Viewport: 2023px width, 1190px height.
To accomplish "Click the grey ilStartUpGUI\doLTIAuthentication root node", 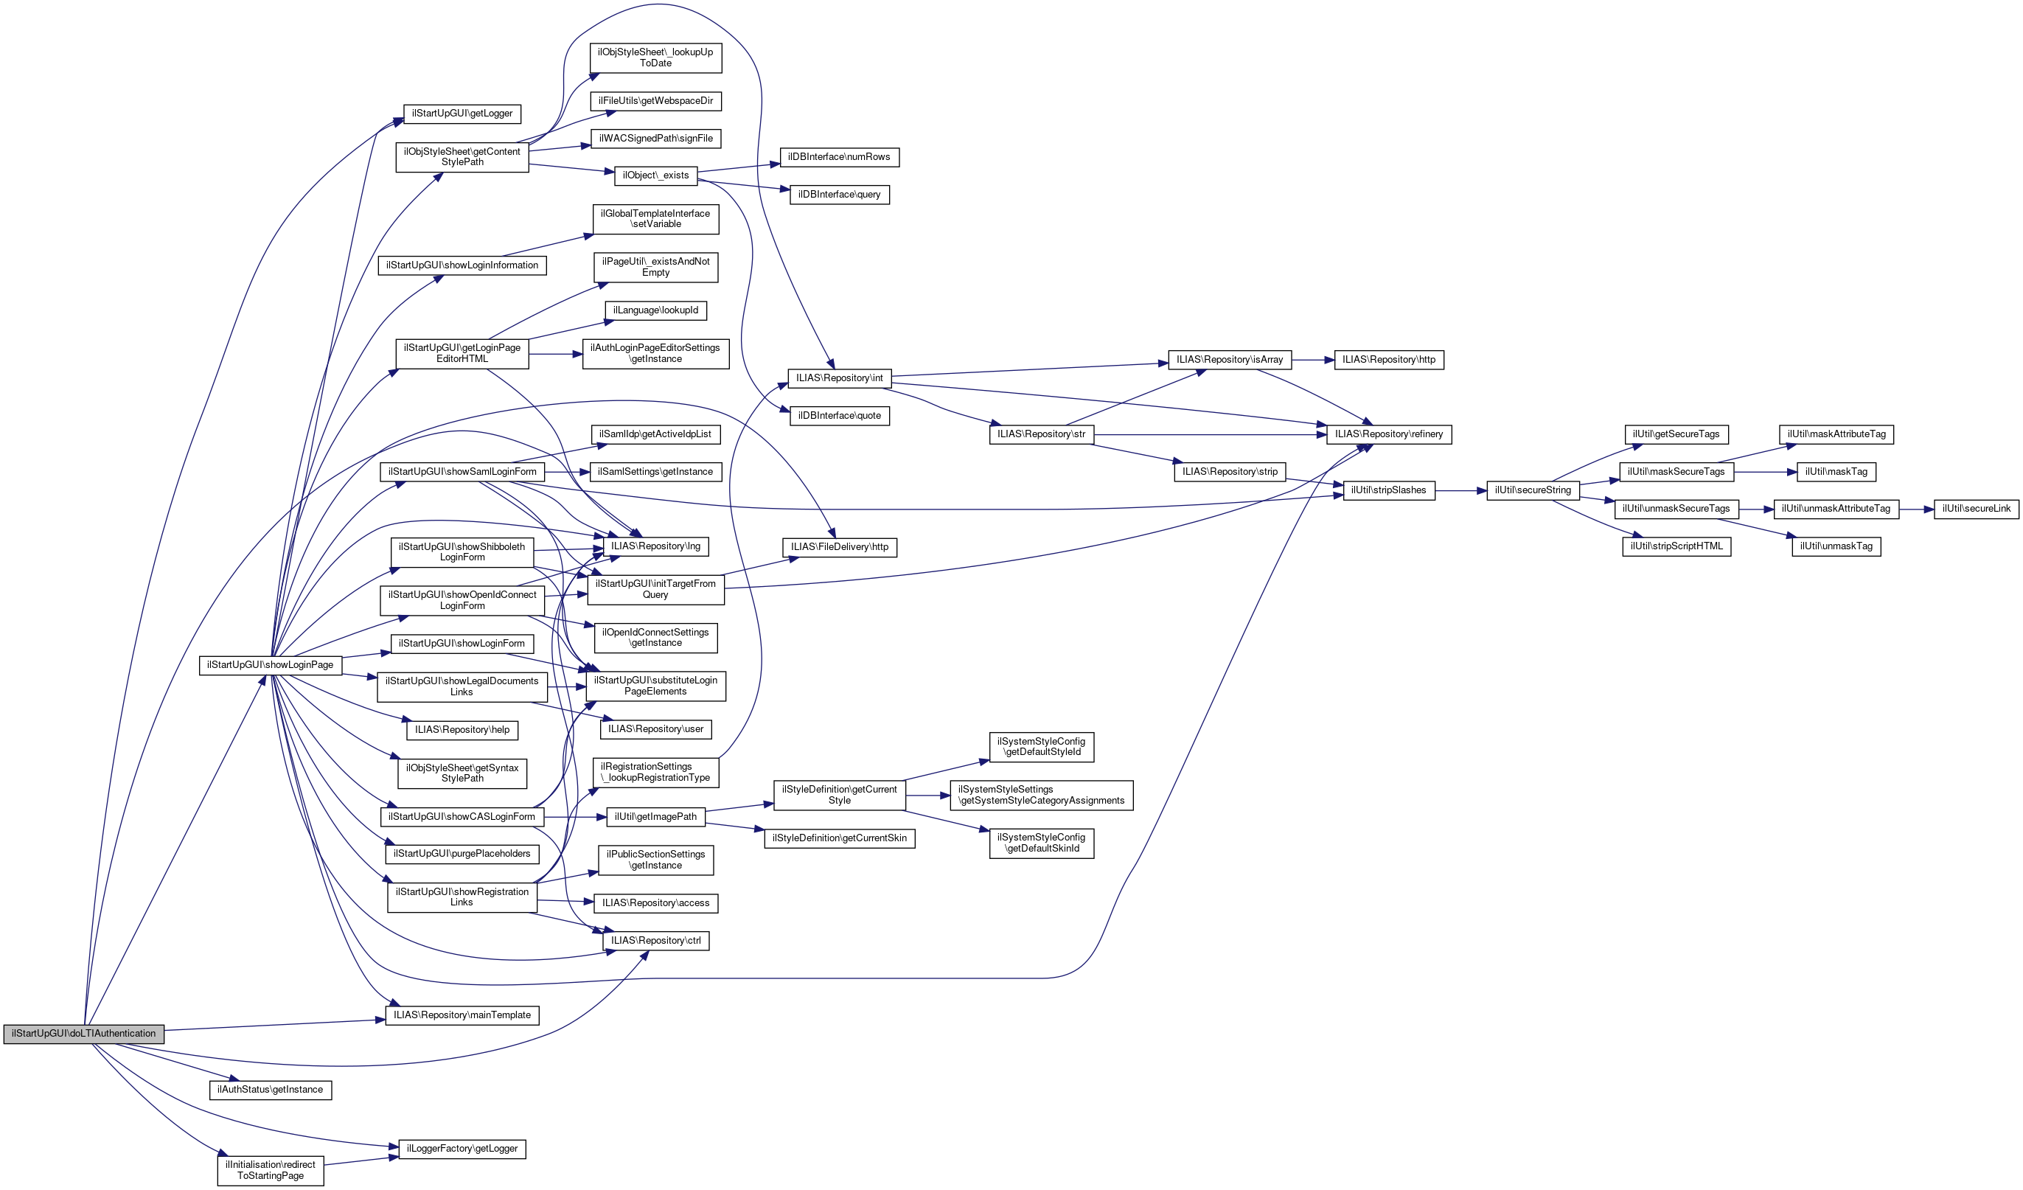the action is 83,1034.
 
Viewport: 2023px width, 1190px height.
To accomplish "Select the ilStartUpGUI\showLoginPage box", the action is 271,665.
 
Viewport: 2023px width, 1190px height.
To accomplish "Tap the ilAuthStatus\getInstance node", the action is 271,1090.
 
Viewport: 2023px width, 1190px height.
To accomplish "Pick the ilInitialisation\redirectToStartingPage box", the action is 271,1170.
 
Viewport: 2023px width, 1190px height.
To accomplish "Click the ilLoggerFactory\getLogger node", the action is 462,1148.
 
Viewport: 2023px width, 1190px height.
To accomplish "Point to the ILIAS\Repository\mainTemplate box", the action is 462,1015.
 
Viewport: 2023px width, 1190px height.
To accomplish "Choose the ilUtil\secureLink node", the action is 1977,508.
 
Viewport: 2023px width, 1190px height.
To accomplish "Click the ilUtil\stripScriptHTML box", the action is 1676,546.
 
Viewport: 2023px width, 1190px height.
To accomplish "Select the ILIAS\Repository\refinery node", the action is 1389,434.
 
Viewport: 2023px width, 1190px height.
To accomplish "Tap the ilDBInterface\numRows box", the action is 839,156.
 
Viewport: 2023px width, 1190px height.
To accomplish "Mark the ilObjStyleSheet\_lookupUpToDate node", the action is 656,58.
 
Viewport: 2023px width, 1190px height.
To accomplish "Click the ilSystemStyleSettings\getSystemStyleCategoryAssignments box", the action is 1041,795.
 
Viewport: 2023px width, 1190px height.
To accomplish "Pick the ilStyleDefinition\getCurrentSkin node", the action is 840,838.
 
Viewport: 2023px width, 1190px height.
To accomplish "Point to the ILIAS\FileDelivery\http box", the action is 840,547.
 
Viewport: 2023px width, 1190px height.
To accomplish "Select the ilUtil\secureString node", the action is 1533,490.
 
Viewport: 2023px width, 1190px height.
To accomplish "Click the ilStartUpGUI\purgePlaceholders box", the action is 462,854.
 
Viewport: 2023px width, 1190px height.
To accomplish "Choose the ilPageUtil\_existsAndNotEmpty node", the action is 656,268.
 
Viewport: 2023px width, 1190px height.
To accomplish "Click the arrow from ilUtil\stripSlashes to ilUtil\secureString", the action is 1461,490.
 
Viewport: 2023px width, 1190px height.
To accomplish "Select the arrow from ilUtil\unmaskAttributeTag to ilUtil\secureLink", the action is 1917,509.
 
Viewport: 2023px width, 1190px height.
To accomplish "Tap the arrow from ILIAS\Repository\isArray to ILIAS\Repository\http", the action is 1312,360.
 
